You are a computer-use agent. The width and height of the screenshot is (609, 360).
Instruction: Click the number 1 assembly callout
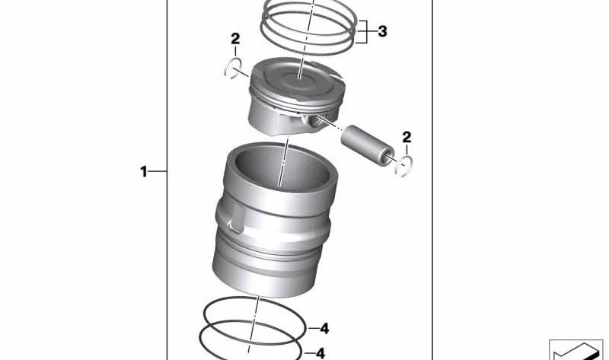pyautogui.click(x=143, y=172)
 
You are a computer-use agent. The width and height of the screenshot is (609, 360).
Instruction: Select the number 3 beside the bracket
pyautogui.click(x=382, y=32)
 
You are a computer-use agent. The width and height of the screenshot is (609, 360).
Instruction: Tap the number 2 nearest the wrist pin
pyautogui.click(x=407, y=137)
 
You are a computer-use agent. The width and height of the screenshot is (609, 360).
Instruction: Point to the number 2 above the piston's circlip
pyautogui.click(x=235, y=39)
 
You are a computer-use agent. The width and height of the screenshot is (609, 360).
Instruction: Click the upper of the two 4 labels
pyautogui.click(x=324, y=329)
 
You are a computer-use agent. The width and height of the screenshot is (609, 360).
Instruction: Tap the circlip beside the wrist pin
pyautogui.click(x=403, y=165)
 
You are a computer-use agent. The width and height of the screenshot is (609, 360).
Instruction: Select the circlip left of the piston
pyautogui.click(x=234, y=69)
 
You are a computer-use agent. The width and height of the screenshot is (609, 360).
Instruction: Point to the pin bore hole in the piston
pyautogui.click(x=308, y=121)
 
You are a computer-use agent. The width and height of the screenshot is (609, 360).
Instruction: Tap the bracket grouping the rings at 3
pyautogui.click(x=368, y=31)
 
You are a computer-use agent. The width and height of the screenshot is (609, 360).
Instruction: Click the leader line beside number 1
pyautogui.click(x=158, y=172)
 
